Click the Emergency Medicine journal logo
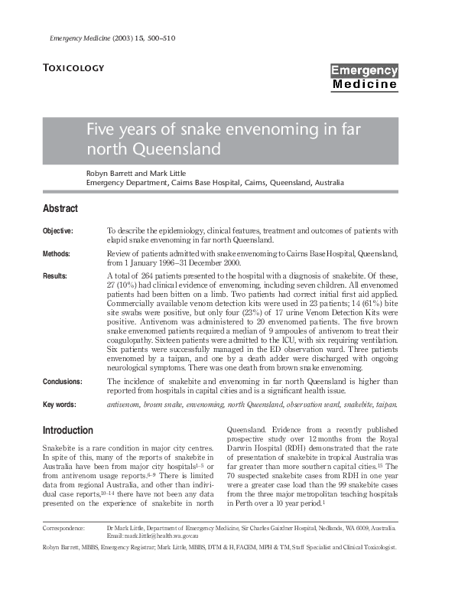click(x=364, y=77)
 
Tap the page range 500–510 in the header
click(x=161, y=37)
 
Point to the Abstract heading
click(x=60, y=208)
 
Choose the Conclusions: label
click(x=63, y=381)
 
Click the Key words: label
click(x=59, y=403)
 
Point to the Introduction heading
click(x=68, y=430)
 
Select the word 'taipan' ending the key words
click(x=386, y=403)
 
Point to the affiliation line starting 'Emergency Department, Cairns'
click(x=204, y=184)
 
